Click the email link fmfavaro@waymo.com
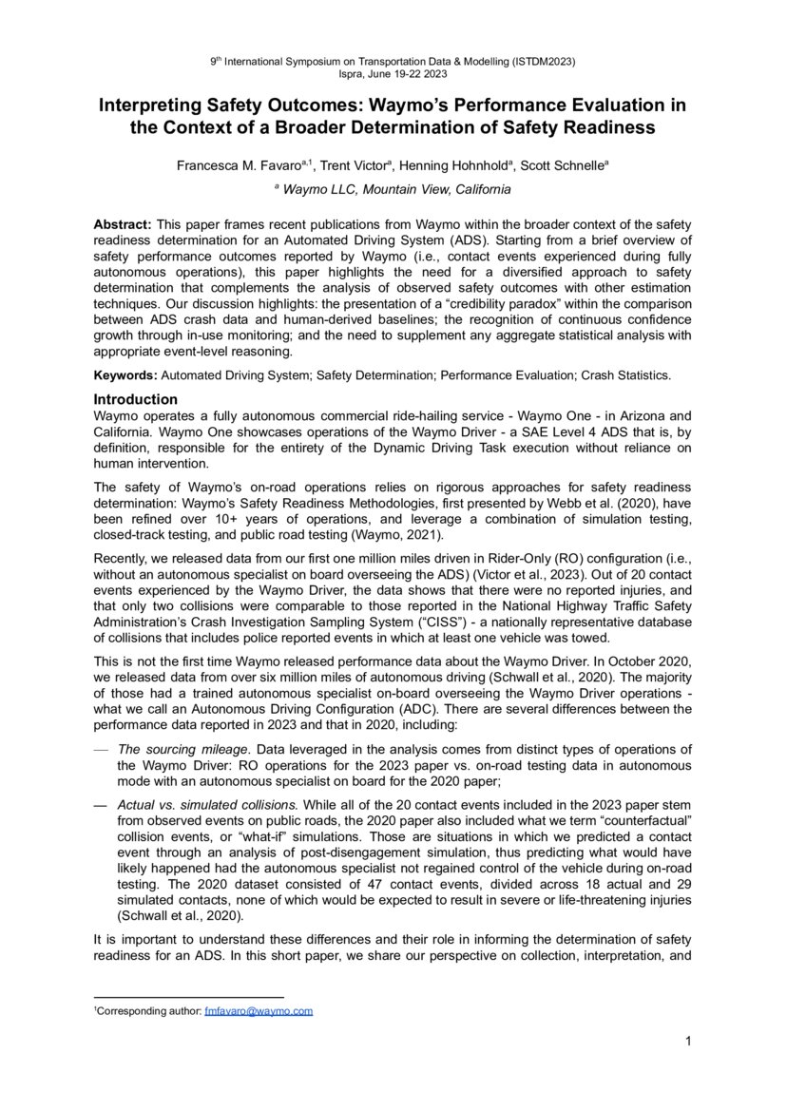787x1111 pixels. [259, 1011]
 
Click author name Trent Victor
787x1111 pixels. [353, 165]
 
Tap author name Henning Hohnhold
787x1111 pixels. [453, 165]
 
